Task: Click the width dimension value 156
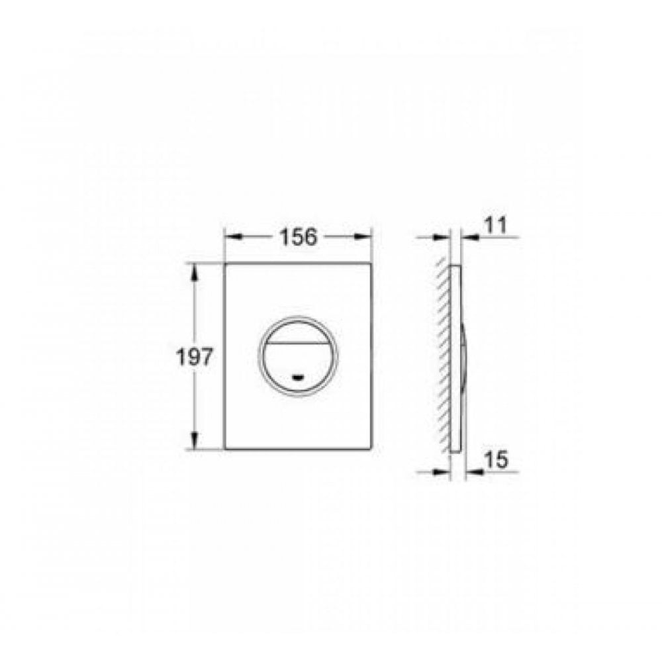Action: [x=298, y=236]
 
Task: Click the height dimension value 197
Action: [x=194, y=357]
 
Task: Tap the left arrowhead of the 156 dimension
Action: [x=231, y=236]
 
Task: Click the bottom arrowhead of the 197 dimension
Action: [x=194, y=443]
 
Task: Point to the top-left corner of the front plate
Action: [x=225, y=263]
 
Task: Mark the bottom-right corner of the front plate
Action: [x=371, y=449]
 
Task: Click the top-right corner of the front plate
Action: [x=371, y=263]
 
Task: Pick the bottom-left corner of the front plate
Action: [x=225, y=449]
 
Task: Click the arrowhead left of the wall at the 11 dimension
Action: [x=443, y=236]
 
